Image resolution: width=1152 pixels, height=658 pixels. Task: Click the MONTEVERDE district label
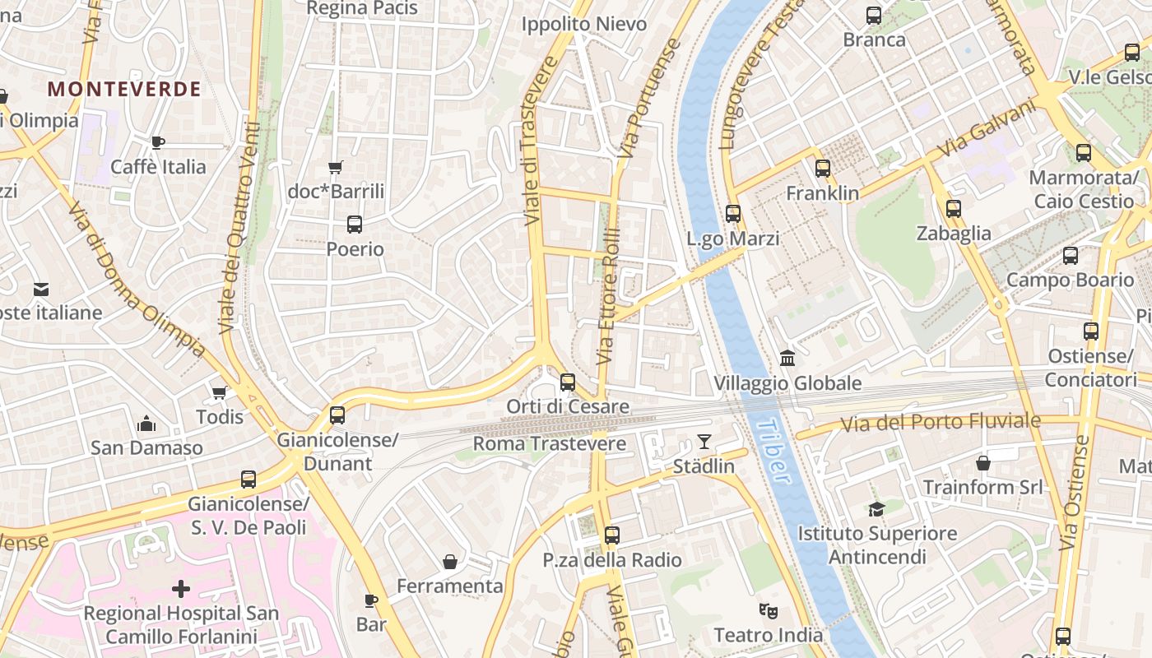(x=124, y=90)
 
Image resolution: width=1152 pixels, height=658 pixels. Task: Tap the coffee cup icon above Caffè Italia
(x=158, y=142)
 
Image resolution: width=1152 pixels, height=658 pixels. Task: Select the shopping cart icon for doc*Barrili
(x=335, y=168)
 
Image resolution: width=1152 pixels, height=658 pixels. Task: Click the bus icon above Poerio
(x=355, y=224)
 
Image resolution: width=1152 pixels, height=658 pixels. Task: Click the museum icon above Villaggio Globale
(x=787, y=359)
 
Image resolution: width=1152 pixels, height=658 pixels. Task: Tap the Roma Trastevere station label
(x=549, y=444)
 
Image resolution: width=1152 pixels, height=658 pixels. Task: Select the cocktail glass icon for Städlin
(x=704, y=442)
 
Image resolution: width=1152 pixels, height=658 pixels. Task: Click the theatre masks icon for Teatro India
(x=769, y=611)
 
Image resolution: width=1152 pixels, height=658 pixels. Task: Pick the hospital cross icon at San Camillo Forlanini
(x=181, y=589)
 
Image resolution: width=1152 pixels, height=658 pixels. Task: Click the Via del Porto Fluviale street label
(x=941, y=423)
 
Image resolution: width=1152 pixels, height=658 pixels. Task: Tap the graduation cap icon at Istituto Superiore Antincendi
(x=877, y=509)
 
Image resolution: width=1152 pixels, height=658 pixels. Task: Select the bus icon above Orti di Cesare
(x=568, y=382)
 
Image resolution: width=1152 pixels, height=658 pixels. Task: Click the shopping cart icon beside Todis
(x=219, y=392)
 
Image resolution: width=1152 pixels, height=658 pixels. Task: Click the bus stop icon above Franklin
(x=823, y=169)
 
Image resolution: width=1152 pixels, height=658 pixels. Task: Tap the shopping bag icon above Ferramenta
(x=450, y=562)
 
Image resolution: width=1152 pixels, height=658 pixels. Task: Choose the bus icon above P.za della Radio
(x=612, y=535)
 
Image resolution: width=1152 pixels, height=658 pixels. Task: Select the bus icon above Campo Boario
(x=1071, y=256)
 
